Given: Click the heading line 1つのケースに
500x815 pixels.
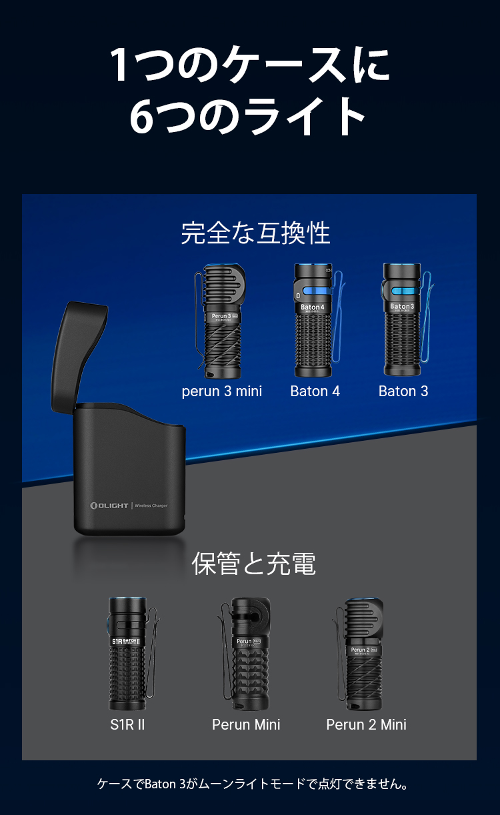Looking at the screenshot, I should point(249,65).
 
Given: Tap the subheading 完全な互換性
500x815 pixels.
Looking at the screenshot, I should point(255,233).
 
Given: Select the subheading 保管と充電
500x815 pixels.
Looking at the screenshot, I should point(253,564).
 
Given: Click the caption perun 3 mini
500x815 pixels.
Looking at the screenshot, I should point(221,391).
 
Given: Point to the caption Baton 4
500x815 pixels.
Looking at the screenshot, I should point(315,391).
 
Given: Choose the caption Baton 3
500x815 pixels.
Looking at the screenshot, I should point(403,391).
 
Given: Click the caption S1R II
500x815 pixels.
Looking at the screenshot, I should point(127,724).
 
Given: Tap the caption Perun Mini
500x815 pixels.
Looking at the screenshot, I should point(246,724).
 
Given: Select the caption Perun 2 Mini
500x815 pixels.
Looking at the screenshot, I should point(366,724).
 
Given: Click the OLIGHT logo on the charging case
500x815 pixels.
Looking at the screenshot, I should point(109,506).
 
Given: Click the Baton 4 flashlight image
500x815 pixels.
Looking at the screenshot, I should point(312,320).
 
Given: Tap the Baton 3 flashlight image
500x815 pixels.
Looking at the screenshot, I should point(401,320).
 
